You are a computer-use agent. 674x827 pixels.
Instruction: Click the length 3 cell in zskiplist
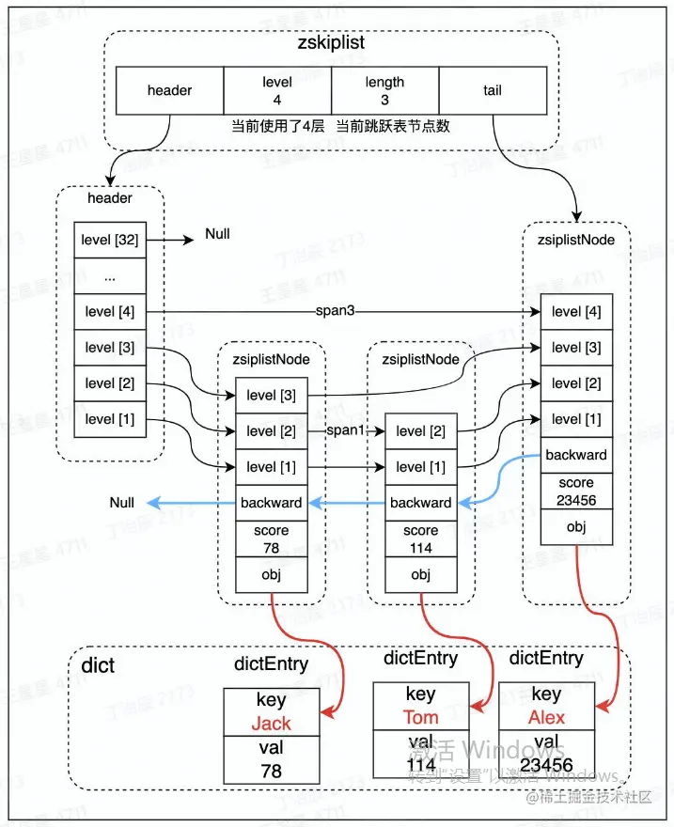[384, 91]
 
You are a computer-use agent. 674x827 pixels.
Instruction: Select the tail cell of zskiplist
[494, 91]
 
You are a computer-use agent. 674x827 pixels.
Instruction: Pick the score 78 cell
[271, 538]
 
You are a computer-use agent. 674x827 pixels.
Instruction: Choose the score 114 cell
[420, 538]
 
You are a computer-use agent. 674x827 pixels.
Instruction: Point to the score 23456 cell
[576, 492]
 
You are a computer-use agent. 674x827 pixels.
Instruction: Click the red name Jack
[271, 724]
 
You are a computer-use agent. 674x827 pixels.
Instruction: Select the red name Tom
[420, 717]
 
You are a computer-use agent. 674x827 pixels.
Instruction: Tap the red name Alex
[546, 717]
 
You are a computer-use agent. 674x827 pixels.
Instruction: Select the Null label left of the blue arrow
[121, 503]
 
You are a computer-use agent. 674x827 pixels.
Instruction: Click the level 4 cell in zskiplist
[277, 91]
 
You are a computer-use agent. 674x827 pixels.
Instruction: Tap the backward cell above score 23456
[576, 455]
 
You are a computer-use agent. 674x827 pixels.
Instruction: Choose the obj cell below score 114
[420, 574]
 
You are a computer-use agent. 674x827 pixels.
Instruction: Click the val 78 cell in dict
[271, 758]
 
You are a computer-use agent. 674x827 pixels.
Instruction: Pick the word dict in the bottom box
[98, 666]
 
